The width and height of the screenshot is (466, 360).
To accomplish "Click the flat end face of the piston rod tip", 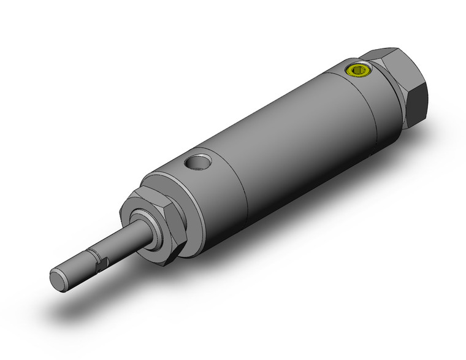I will click(x=57, y=279).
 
